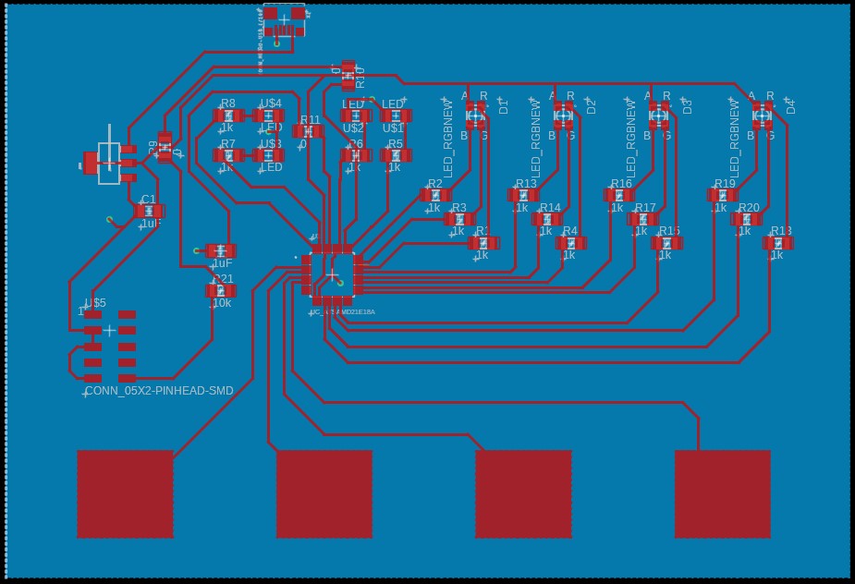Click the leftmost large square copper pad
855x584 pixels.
tap(125, 493)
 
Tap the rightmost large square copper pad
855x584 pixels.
tap(722, 493)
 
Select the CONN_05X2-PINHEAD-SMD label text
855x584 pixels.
tap(159, 391)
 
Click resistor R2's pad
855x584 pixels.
tap(434, 195)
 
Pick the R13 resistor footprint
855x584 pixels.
tap(523, 195)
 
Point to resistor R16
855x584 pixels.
tap(618, 195)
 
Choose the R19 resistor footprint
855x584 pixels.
tap(722, 195)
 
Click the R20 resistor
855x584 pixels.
tap(747, 219)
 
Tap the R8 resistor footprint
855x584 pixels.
tap(228, 116)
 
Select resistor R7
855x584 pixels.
tap(228, 155)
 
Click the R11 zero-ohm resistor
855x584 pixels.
tap(308, 131)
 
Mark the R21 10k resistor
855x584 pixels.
tap(221, 291)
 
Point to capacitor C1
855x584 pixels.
tap(149, 212)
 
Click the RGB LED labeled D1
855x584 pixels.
tap(476, 116)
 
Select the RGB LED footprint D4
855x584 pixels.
tap(763, 116)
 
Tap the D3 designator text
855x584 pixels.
tap(687, 105)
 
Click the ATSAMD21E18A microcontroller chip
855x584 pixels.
tap(332, 274)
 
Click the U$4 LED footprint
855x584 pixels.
tap(269, 116)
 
